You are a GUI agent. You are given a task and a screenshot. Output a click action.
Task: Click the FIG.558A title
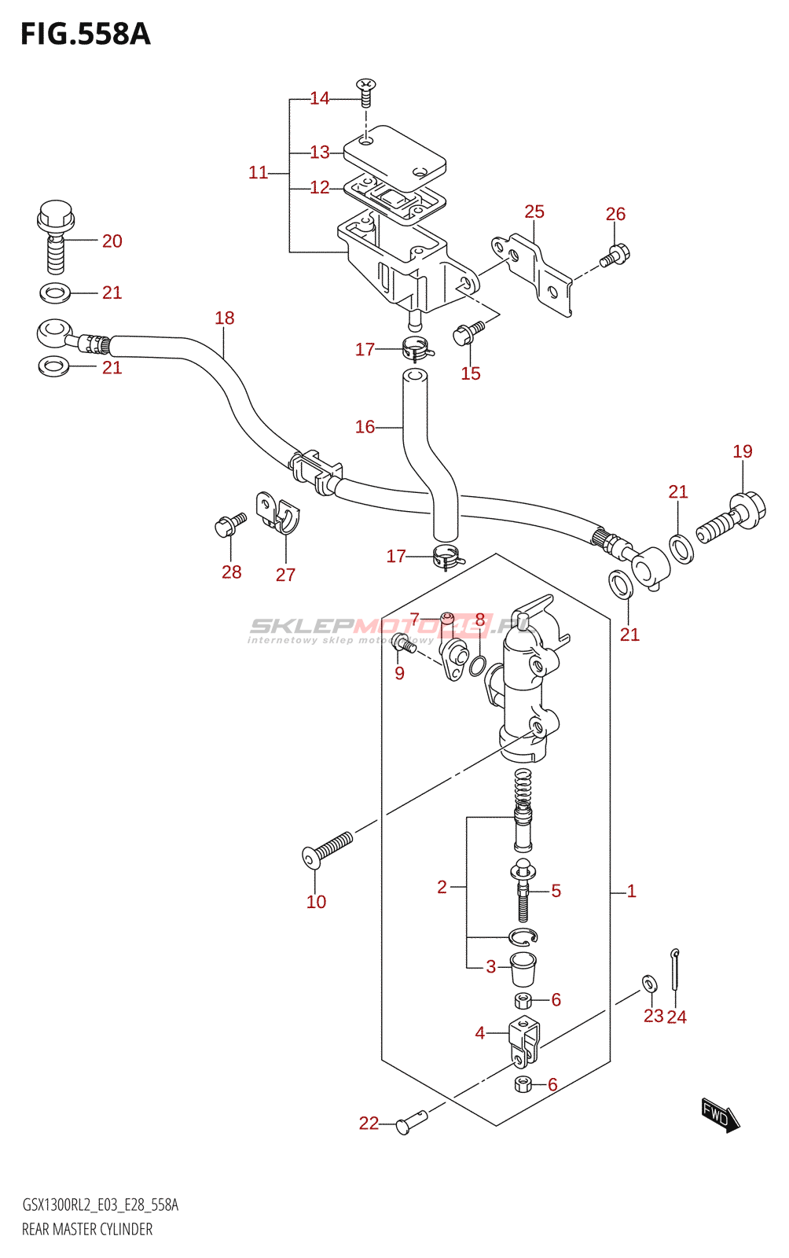click(x=85, y=35)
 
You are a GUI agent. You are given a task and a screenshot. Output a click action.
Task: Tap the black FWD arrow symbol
click(x=720, y=1114)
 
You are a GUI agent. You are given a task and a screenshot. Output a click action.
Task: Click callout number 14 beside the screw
click(x=319, y=98)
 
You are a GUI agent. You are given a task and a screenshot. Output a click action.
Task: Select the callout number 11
click(x=258, y=172)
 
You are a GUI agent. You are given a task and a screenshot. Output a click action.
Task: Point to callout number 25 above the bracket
click(x=534, y=212)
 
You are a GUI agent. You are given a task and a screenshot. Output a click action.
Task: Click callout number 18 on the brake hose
click(x=225, y=318)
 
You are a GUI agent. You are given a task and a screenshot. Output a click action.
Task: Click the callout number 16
click(x=365, y=427)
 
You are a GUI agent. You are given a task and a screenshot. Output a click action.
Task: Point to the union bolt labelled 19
click(x=731, y=516)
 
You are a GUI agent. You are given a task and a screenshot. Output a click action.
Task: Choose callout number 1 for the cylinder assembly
click(x=631, y=891)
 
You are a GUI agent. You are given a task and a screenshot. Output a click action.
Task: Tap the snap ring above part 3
click(x=523, y=936)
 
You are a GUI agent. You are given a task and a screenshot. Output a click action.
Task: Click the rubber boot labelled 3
click(x=523, y=969)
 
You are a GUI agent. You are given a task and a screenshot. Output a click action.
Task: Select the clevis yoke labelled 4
click(x=524, y=1040)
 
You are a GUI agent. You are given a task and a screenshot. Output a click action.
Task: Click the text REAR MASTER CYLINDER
click(x=87, y=1229)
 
